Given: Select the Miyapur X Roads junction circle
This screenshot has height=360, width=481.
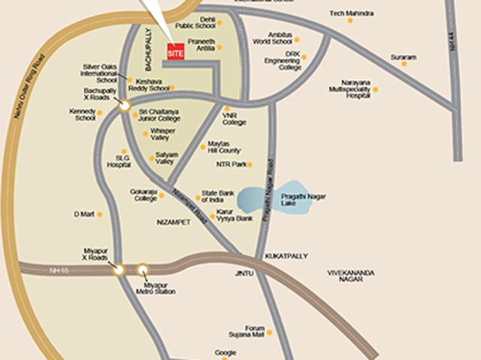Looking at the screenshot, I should click(118, 270).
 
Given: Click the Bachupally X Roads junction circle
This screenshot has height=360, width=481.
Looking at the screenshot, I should click(123, 107).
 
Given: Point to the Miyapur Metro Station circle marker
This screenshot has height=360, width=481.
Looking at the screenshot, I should click(143, 270).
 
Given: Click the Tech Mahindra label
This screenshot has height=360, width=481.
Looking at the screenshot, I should click(351, 14).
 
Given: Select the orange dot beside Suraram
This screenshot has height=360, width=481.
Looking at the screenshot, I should click(404, 63).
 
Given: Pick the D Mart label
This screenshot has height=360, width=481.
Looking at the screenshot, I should click(83, 214).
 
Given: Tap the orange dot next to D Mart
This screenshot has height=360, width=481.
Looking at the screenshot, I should click(99, 214).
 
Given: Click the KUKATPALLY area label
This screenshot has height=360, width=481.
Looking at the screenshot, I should click(286, 256).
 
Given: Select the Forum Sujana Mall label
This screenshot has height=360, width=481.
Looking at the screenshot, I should click(255, 331).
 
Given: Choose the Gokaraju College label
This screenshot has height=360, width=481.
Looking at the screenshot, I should click(144, 195).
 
